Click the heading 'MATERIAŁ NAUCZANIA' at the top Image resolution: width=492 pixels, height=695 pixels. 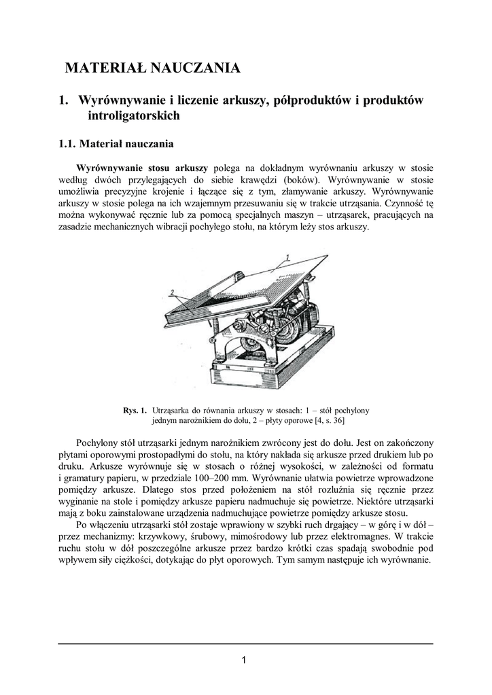pyautogui.click(x=152, y=68)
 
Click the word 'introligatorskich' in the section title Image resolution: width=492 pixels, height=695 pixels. pyautogui.click(x=134, y=116)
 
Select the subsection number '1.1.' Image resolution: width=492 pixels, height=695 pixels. pyautogui.click(x=67, y=144)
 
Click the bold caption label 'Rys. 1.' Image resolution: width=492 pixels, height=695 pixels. pyautogui.click(x=135, y=411)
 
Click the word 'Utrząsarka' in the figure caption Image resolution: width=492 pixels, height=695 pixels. pyautogui.click(x=174, y=411)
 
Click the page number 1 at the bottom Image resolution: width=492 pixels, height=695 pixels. pyautogui.click(x=245, y=660)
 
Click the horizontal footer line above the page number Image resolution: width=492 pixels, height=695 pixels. pyautogui.click(x=245, y=643)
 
